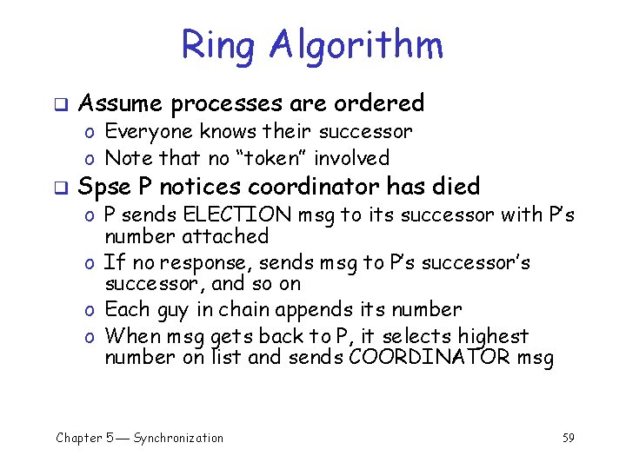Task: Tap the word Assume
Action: pyautogui.click(x=120, y=103)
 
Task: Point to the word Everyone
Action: pyautogui.click(x=149, y=132)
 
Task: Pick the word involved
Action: pyautogui.click(x=351, y=158)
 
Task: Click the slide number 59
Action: pyautogui.click(x=568, y=438)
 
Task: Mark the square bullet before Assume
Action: pyautogui.click(x=61, y=104)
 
